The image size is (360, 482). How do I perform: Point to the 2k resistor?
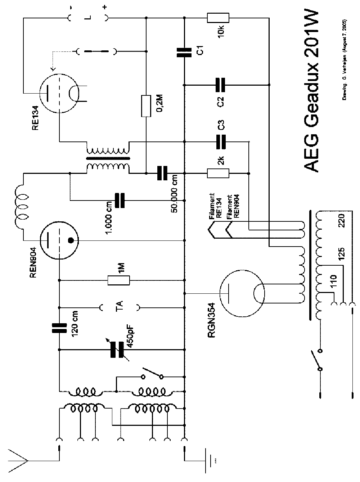pyautogui.click(x=218, y=173)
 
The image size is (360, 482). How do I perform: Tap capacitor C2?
pyautogui.click(x=220, y=85)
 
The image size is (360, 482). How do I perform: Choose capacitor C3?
pyautogui.click(x=220, y=142)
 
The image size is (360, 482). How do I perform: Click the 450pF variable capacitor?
pyautogui.click(x=117, y=349)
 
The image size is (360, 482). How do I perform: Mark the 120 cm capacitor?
pyautogui.click(x=59, y=328)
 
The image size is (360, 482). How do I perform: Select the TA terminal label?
pyautogui.click(x=120, y=307)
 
